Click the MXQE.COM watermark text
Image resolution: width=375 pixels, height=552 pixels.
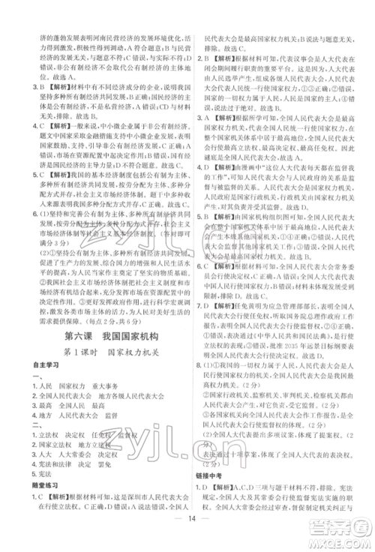[x=340, y=537]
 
